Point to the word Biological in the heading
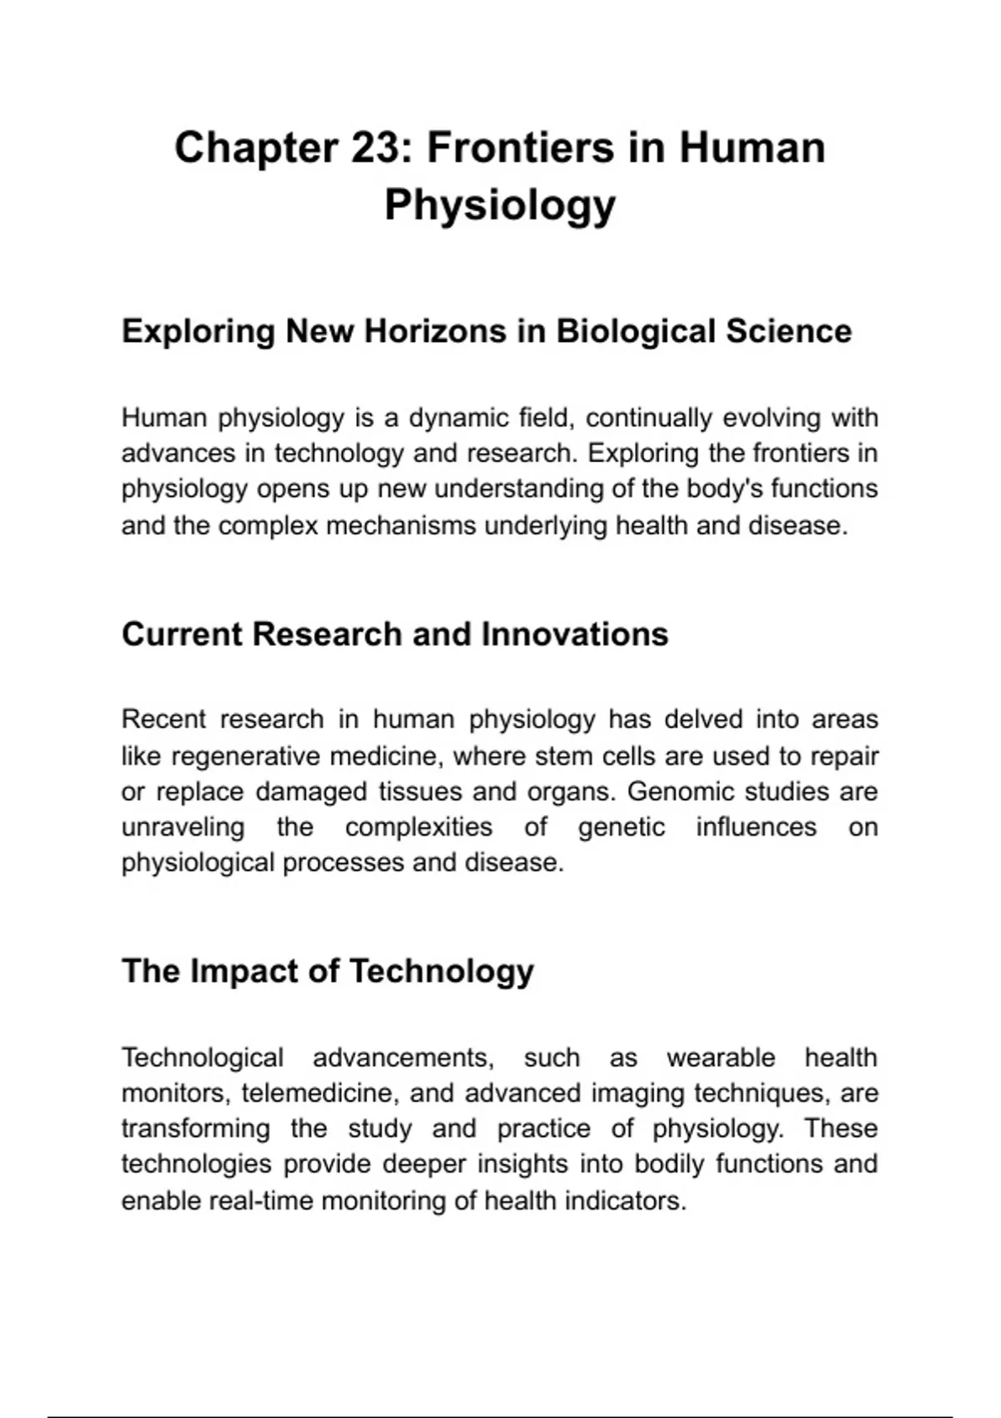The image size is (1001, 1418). click(x=634, y=331)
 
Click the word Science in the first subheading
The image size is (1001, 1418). click(x=788, y=331)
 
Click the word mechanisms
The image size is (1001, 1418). click(x=401, y=526)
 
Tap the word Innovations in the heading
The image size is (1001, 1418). click(x=575, y=634)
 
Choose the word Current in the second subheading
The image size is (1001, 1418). click(x=180, y=634)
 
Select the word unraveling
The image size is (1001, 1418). click(x=183, y=827)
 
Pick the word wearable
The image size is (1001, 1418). click(x=721, y=1058)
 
